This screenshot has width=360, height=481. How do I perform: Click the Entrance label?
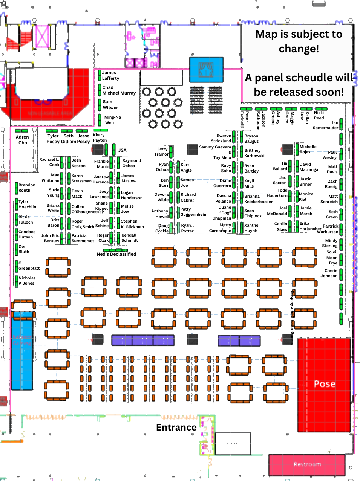tap(176, 428)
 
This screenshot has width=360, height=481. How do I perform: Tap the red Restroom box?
tap(307, 464)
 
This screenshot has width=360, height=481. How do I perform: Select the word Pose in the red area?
tap(325, 384)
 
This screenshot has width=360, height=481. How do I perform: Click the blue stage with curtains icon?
tap(206, 70)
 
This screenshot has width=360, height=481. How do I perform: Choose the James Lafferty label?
tap(110, 76)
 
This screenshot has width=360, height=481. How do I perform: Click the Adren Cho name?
tap(22, 140)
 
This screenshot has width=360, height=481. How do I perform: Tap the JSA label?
tap(122, 150)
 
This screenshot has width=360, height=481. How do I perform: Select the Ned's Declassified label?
tap(116, 254)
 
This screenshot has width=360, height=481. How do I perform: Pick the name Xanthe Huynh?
tap(251, 228)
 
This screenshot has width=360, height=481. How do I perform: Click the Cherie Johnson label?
tap(329, 273)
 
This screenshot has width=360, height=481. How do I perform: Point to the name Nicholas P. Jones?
tap(27, 281)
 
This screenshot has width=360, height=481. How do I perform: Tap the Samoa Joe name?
tap(187, 183)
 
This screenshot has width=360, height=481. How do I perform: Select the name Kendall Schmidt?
tap(129, 238)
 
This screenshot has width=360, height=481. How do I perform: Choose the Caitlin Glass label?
tap(281, 226)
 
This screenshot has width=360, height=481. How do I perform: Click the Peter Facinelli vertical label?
tap(244, 119)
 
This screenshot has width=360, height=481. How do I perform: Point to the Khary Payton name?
tap(100, 137)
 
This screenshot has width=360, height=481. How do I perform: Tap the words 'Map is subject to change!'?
tap(299, 41)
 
